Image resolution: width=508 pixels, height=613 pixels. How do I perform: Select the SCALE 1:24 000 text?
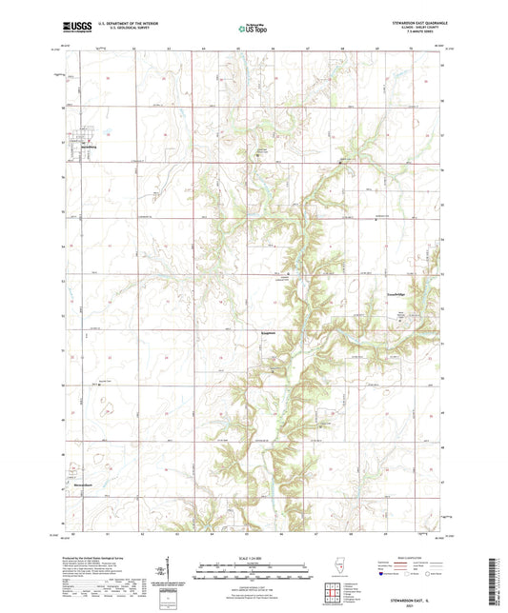pos(254,558)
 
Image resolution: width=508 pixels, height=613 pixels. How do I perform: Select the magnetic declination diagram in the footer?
pos(161,574)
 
